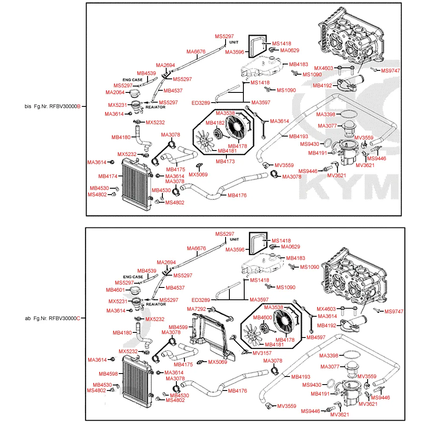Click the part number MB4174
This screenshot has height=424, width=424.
(108, 176)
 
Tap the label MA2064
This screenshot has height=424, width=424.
(115, 92)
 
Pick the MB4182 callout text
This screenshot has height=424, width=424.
(215, 123)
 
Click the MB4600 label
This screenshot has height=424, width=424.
(262, 318)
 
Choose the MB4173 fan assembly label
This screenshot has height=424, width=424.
(225, 162)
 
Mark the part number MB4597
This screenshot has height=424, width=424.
(315, 338)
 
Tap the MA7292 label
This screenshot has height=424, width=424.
(196, 309)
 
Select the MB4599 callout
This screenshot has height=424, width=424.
(178, 327)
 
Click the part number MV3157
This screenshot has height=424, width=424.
(262, 353)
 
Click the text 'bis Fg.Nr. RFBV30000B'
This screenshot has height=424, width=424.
(53, 106)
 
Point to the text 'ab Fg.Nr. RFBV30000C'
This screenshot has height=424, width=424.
(53, 318)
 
